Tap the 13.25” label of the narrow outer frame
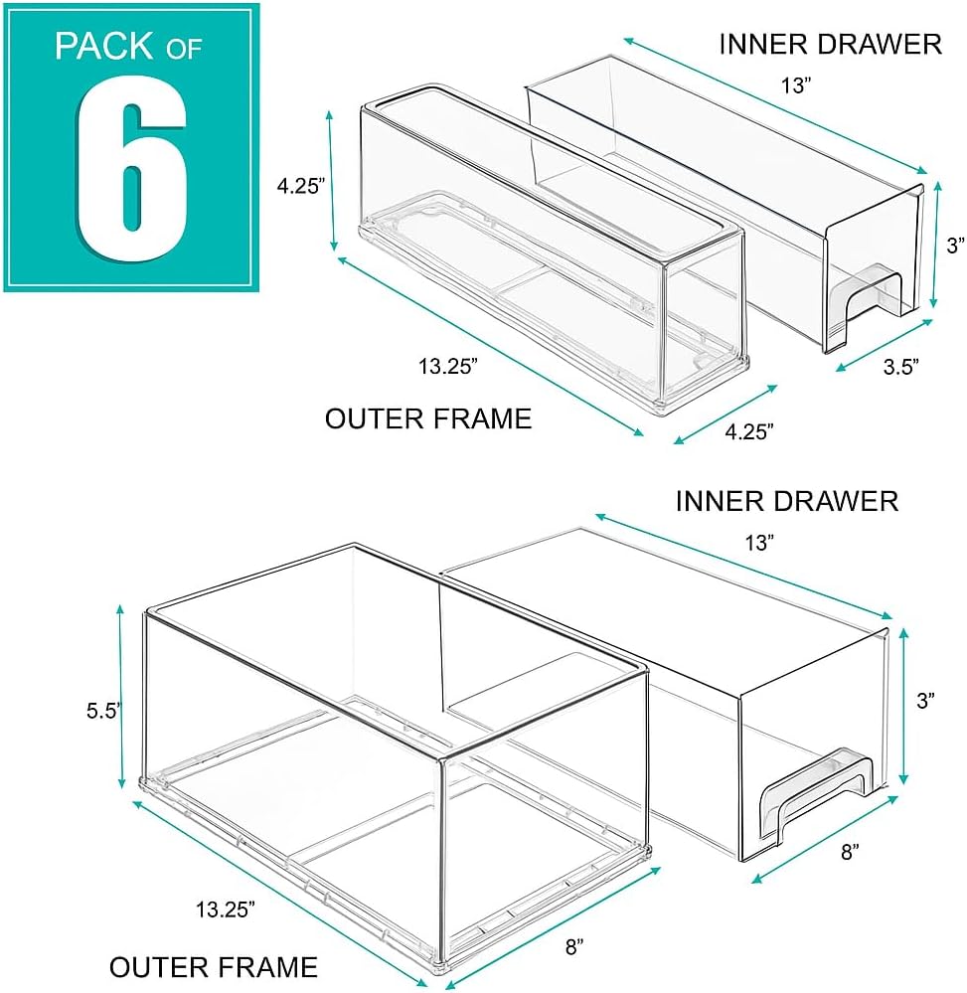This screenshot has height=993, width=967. [447, 366]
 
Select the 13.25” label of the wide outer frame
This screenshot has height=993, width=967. [226, 907]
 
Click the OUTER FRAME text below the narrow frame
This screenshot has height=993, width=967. [428, 418]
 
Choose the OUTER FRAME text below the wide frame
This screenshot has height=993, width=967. [213, 966]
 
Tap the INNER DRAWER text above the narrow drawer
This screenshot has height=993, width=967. [830, 44]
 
